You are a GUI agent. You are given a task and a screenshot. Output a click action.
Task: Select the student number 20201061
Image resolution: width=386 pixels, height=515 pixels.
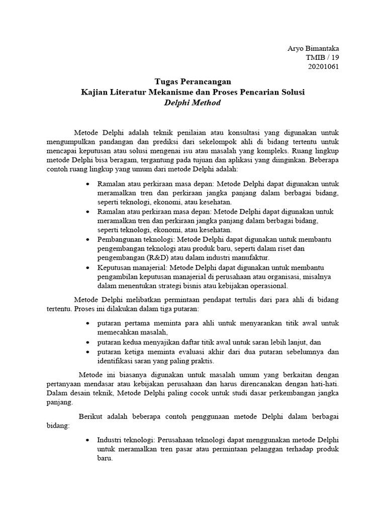323,66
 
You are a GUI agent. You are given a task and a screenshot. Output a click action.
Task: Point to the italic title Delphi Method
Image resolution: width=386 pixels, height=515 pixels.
193,102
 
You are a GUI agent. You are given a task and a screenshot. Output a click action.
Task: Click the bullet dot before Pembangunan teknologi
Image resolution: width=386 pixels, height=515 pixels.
88,239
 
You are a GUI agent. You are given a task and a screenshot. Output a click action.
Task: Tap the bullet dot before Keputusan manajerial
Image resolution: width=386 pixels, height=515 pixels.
88,268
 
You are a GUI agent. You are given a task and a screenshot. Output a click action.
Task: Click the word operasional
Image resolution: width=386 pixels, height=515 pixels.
267,286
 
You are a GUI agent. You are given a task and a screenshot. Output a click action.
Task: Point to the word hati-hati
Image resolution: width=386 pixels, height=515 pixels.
323,384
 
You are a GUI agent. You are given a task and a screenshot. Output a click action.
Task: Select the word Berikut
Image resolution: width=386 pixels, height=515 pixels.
91,416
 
